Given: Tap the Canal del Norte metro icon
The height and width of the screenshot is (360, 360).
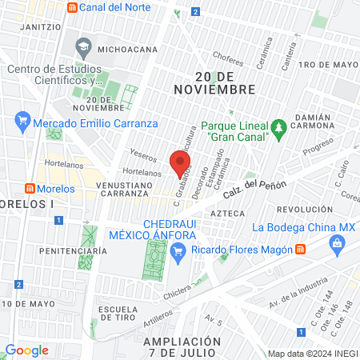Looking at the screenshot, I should (x=74, y=8).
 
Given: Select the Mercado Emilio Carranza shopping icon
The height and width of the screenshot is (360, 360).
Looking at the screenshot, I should (x=22, y=122).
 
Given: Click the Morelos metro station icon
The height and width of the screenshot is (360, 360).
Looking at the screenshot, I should (x=29, y=189).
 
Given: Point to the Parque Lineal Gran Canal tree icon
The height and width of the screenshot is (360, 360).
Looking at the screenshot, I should (x=279, y=126).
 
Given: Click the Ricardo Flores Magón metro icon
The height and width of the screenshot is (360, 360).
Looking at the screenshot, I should (x=299, y=250).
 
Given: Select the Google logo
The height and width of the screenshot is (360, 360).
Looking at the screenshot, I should (x=26, y=350).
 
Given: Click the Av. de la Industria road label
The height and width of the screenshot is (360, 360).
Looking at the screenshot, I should (x=298, y=299).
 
